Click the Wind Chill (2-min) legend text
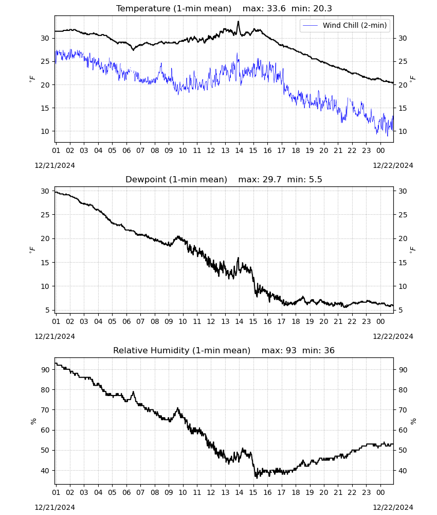(355, 25)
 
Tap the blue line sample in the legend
(310, 25)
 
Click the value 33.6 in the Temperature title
(276, 9)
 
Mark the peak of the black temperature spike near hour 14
(239, 21)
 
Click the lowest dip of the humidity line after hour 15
(257, 478)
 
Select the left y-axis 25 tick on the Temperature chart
(45, 61)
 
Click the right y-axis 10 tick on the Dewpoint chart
(403, 286)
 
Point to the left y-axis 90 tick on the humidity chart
(45, 370)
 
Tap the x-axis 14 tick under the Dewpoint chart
(239, 321)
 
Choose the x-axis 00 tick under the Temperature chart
(380, 151)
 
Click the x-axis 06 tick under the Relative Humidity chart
(126, 493)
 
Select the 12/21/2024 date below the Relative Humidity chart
(54, 507)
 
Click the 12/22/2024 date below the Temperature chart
(393, 165)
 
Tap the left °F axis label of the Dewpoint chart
(32, 250)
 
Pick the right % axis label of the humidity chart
(413, 421)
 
